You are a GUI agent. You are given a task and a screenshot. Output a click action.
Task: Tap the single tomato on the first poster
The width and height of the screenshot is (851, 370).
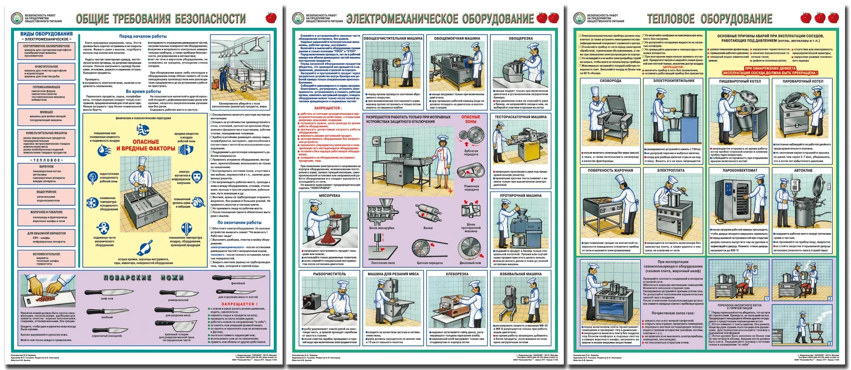[x=271, y=18]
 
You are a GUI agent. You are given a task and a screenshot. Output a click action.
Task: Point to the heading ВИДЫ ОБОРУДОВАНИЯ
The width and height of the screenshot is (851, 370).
[x=46, y=34]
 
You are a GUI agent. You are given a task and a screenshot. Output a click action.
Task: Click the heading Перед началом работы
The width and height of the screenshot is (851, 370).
[x=143, y=36]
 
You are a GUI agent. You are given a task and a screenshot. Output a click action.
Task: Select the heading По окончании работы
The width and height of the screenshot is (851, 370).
[x=239, y=222]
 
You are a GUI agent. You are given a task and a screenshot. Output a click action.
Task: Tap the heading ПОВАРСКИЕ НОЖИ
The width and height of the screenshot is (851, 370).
[x=144, y=277]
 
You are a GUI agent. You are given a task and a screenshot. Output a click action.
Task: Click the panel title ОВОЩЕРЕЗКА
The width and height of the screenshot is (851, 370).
[x=520, y=38]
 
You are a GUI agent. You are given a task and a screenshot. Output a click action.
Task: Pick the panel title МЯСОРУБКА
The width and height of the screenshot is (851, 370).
[x=329, y=196]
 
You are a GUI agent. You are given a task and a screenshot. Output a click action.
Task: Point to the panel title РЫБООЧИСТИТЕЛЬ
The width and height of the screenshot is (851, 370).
[x=329, y=274]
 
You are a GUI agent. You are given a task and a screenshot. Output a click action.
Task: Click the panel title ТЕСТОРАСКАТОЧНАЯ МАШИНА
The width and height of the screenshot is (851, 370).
[x=520, y=117]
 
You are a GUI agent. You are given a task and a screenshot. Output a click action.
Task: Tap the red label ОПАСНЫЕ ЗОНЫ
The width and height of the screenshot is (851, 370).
[x=470, y=119]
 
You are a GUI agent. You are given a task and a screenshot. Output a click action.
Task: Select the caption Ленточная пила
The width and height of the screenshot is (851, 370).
[x=382, y=263]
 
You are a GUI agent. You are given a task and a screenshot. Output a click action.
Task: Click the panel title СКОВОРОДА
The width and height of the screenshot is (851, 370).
[x=610, y=81]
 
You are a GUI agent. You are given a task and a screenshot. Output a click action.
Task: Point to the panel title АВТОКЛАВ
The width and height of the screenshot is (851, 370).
[x=803, y=170]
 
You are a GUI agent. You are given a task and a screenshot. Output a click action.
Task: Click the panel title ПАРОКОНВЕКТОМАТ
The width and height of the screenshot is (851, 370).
[x=740, y=170]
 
